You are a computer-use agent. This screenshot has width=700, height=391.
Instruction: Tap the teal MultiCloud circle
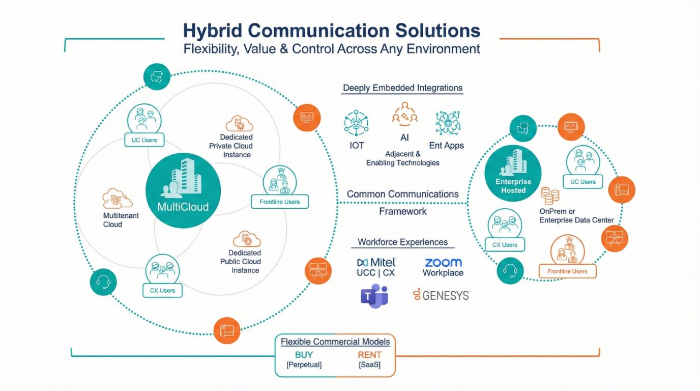click(x=183, y=190)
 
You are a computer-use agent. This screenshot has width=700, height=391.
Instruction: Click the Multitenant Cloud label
click(x=121, y=220)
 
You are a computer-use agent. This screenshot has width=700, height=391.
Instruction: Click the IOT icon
click(x=357, y=123)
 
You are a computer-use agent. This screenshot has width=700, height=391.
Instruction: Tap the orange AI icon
click(x=404, y=114)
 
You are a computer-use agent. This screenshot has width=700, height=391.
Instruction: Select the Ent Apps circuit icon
click(x=447, y=123)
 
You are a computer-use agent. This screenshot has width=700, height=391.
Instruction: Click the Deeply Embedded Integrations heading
click(x=402, y=88)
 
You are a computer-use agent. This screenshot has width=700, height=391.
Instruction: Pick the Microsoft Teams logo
click(x=374, y=295)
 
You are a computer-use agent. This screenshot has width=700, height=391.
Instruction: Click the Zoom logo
click(x=443, y=263)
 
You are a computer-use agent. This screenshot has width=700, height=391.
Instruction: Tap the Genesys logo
click(x=441, y=295)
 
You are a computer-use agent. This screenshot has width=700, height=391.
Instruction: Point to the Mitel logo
click(x=376, y=263)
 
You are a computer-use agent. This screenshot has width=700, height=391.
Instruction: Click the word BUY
click(x=304, y=354)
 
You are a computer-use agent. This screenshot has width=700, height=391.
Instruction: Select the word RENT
click(x=369, y=354)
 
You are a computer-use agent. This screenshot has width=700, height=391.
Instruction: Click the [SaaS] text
click(x=369, y=365)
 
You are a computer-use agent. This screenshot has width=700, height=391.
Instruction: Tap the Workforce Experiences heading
click(x=402, y=242)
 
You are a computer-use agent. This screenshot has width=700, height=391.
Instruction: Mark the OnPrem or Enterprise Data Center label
click(x=576, y=215)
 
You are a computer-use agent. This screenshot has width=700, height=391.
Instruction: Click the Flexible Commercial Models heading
click(x=335, y=342)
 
